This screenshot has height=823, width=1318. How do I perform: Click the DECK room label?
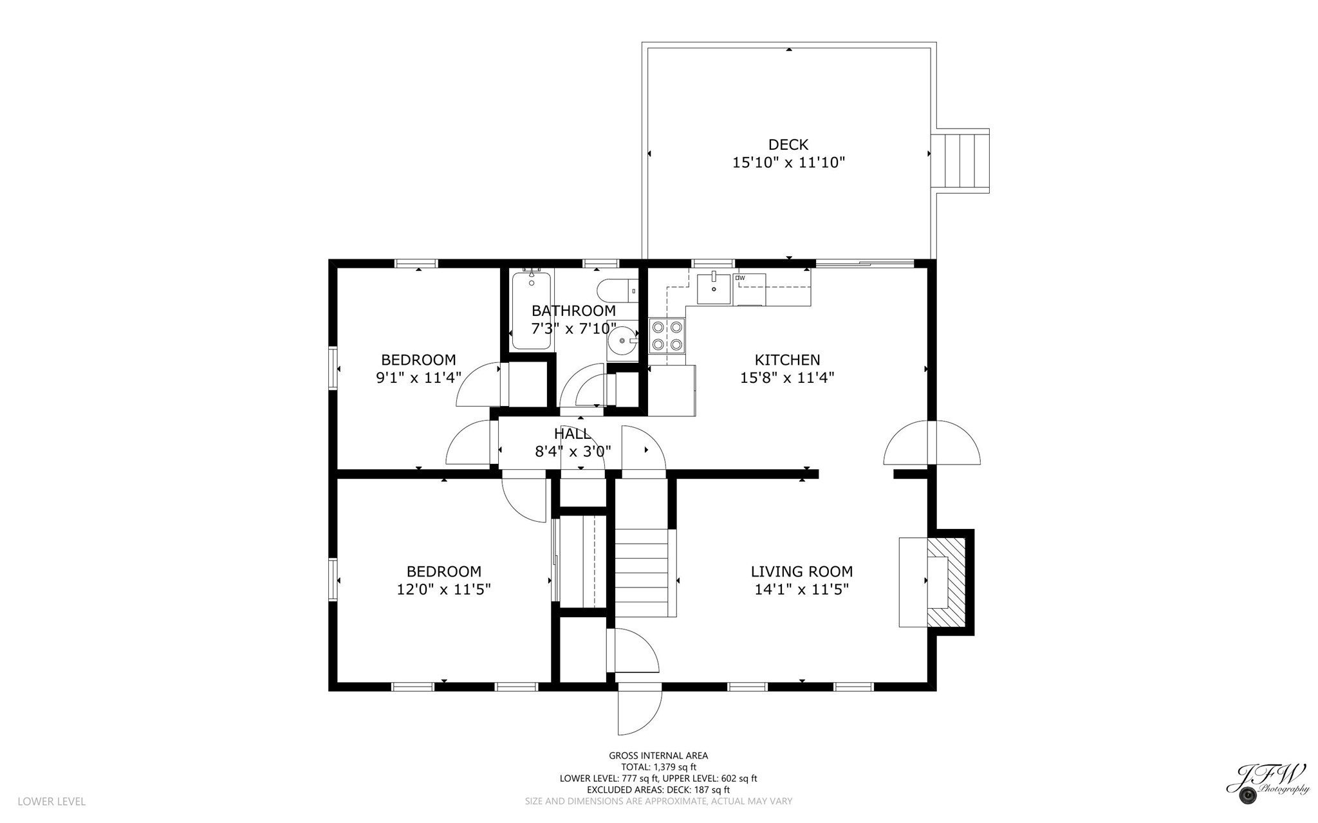pos(788,145)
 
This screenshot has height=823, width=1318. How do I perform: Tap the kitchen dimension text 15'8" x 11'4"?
pos(787,378)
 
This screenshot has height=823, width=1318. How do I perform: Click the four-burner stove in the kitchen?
pos(667,336)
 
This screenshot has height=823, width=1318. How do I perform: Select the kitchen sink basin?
pos(714,289)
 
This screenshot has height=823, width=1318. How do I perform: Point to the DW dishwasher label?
pos(740,278)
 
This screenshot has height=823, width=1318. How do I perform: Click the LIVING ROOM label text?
pos(801,571)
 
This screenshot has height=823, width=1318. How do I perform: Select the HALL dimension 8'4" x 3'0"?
pos(573,452)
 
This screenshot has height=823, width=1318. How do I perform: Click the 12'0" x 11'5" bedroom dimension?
pos(443,589)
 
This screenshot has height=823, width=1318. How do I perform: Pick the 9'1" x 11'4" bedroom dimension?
pos(418,378)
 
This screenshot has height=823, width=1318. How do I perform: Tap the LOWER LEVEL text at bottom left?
pos(51,801)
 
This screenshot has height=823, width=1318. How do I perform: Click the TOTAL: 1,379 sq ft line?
pos(658,767)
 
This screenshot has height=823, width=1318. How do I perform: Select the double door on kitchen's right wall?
pos(931,443)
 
